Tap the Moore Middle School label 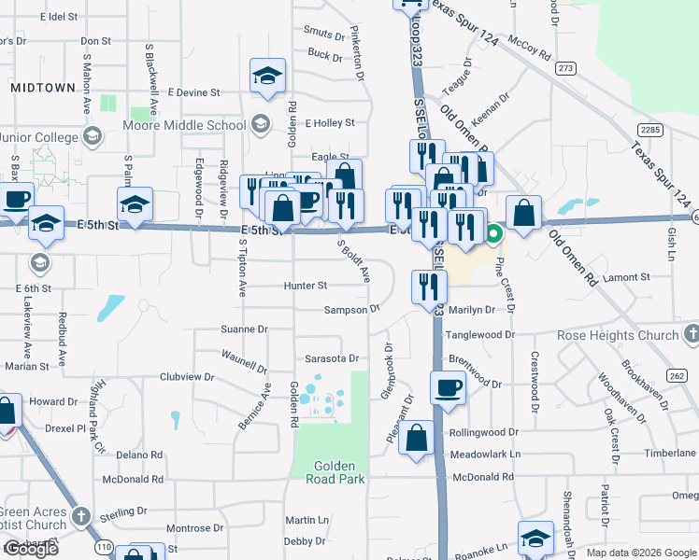point(185,126)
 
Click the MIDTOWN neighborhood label point(43,87)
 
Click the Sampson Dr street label point(352,309)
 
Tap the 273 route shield point(564,69)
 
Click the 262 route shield point(678,375)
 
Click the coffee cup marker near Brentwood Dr point(448,386)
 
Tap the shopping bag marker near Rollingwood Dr point(416,437)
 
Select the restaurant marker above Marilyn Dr point(429,285)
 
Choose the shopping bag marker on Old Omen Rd point(524,212)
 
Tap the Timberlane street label point(670,452)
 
